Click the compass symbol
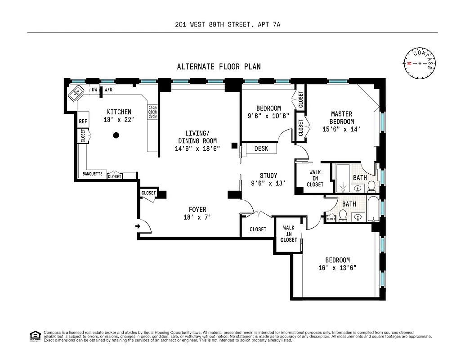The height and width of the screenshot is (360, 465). pos(420,63)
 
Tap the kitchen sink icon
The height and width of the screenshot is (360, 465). pos(76,93)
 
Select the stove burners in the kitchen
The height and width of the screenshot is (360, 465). pos(152,112)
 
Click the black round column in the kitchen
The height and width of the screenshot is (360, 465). pos(116,135)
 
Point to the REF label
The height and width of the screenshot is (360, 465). pos(83,121)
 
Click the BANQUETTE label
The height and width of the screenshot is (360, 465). pos(93,174)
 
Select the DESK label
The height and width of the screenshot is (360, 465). pos(261,148)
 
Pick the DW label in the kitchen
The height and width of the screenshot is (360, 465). pos(94,90)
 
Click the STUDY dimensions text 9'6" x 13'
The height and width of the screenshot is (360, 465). pos(268,183)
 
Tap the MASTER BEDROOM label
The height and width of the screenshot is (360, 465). pos(341,118)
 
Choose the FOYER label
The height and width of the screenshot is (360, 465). pos(197,210)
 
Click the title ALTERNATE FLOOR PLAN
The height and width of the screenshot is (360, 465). pos(219,67)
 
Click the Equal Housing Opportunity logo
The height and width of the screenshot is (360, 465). pos(34,335)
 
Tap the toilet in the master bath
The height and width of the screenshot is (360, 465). pos(371,186)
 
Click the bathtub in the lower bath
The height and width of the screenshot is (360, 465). pos(373,209)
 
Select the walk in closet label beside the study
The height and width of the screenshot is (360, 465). pos(315,178)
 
